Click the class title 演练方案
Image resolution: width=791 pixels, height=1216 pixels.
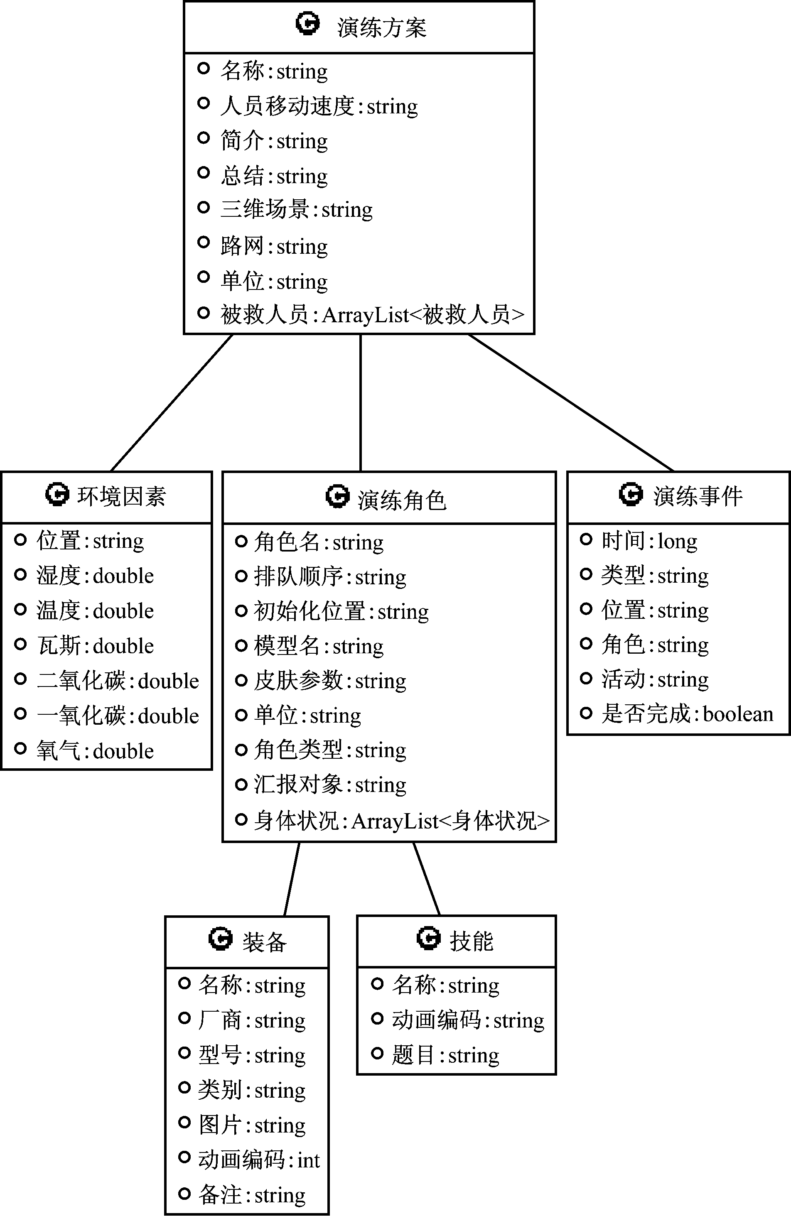click(381, 27)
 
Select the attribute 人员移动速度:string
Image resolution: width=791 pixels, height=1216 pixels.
click(319, 106)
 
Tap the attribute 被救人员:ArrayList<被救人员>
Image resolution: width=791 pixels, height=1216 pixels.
click(372, 315)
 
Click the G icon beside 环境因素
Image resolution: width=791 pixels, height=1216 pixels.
click(57, 494)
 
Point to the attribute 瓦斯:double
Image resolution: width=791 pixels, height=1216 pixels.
click(95, 646)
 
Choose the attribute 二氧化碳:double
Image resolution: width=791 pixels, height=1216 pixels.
click(118, 681)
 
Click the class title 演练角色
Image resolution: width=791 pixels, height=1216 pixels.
click(402, 500)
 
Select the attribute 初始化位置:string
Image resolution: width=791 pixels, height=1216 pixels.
click(341, 611)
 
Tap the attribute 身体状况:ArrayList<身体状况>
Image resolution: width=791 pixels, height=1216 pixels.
click(402, 821)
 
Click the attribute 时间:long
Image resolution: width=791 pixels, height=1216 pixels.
click(649, 541)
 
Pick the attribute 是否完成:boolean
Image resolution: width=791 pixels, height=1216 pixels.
click(687, 713)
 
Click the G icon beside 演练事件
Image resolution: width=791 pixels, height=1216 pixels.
click(631, 494)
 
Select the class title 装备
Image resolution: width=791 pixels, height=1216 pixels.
click(264, 941)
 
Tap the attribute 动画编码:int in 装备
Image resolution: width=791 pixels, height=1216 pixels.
click(258, 1160)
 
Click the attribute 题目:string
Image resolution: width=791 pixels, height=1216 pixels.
click(445, 1054)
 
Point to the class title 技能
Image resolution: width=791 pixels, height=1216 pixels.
click(471, 941)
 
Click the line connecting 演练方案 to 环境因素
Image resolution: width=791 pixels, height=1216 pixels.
click(172, 402)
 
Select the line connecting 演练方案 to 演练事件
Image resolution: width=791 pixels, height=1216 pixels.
click(571, 402)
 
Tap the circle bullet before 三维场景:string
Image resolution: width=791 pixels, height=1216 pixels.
click(204, 207)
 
